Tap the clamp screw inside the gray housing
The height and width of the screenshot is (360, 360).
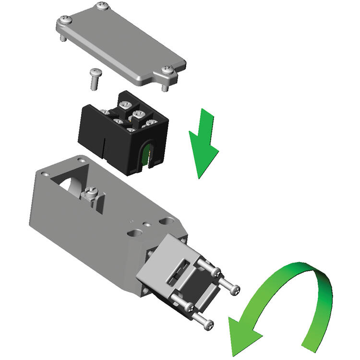[90, 194]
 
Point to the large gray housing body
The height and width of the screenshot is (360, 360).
[86, 226]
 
